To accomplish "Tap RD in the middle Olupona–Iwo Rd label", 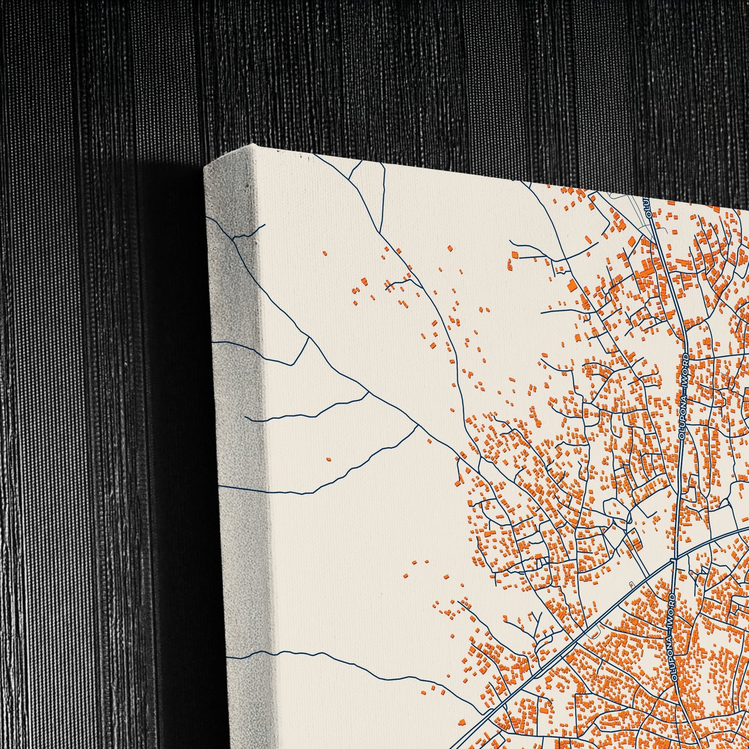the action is (x=686, y=358).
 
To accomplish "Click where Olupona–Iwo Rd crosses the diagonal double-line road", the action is (x=674, y=559).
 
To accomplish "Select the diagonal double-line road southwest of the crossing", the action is (x=544, y=669).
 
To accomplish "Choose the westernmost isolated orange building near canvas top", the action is (x=325, y=253).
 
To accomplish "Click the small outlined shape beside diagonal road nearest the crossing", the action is (x=631, y=584).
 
